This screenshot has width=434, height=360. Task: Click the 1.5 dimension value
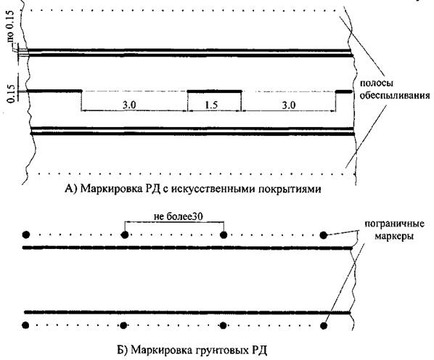click(x=211, y=105)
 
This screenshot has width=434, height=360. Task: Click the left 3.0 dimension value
click(x=129, y=105)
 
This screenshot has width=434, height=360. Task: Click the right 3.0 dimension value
click(x=288, y=105)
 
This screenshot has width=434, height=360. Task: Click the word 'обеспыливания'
click(x=395, y=96)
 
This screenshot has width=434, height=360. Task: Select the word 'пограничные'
click(x=394, y=224)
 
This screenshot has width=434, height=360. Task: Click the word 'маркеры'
click(x=394, y=237)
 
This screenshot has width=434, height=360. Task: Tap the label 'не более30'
click(x=179, y=216)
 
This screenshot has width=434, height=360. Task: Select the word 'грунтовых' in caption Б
click(x=222, y=351)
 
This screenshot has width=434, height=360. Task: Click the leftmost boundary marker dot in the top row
click(x=26, y=235)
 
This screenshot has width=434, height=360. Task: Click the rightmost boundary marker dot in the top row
click(x=323, y=235)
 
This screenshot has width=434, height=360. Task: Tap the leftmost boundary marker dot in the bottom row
click(x=25, y=325)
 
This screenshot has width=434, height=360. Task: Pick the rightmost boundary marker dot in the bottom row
click(x=323, y=325)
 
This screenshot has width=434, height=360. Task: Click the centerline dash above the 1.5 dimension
click(x=215, y=91)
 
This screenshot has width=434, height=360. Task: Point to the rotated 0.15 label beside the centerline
click(x=11, y=93)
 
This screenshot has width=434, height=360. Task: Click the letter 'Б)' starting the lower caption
click(x=121, y=351)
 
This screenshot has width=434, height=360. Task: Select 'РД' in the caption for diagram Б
click(x=259, y=351)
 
